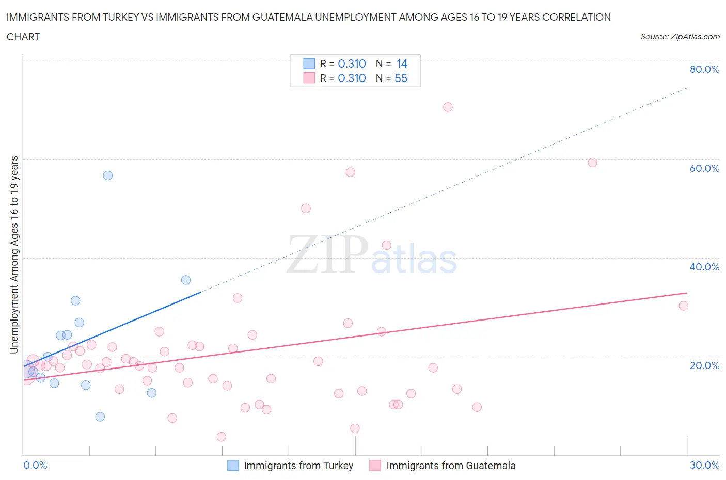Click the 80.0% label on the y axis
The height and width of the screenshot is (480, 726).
[x=704, y=69]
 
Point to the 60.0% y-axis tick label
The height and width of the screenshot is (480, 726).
[x=704, y=168]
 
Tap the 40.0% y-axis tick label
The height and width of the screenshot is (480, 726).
[x=704, y=267]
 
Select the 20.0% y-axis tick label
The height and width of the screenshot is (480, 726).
[x=704, y=365]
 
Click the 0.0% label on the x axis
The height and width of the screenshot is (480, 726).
[x=35, y=465]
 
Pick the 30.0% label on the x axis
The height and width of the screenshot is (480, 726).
[x=704, y=465]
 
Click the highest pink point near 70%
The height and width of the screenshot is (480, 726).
[x=448, y=107]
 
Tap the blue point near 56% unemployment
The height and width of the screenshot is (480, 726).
[x=107, y=175]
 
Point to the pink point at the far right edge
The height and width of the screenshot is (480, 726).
[x=683, y=306]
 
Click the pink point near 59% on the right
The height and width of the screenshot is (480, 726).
[x=592, y=163]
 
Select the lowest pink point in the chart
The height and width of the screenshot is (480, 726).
[x=221, y=437]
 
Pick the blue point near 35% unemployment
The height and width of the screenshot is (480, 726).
[x=186, y=280]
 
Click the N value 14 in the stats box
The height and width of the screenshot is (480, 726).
[x=402, y=63]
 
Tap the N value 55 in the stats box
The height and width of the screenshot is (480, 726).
[x=401, y=78]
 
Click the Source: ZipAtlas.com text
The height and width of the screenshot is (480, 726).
[x=680, y=36]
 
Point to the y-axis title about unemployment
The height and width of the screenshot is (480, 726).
[x=14, y=254]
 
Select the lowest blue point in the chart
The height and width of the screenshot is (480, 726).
[x=100, y=417]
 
